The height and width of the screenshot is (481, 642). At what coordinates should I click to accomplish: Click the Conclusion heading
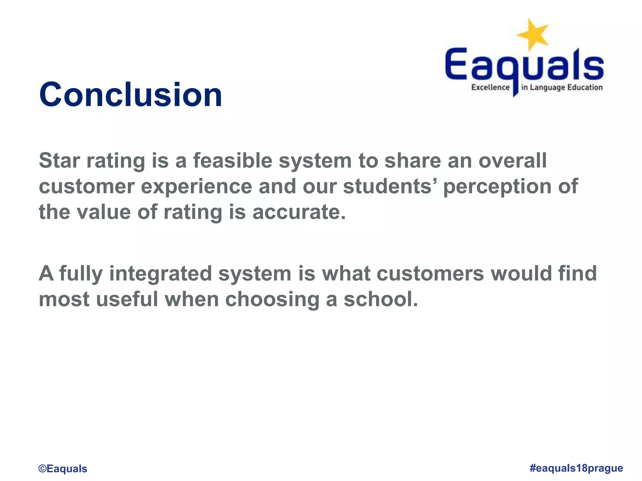pos(130,95)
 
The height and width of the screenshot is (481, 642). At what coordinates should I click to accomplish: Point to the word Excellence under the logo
pos(490,87)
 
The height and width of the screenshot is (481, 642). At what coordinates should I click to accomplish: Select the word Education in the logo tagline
pos(585,87)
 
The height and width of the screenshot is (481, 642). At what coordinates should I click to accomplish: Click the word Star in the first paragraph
pos(59,161)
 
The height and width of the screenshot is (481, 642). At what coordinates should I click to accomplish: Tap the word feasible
pos(233,161)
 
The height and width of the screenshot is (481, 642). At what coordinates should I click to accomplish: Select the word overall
pos(513,161)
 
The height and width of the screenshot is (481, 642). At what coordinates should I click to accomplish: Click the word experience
pos(197,187)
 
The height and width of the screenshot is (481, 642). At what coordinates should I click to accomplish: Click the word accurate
pos(299,212)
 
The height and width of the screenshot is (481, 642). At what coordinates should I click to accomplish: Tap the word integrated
pos(160,274)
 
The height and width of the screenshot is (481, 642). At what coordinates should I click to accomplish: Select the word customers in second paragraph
pos(430,274)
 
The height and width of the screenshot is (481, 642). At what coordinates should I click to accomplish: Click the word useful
pos(127,299)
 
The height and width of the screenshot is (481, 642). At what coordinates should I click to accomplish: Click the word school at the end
pos(381,299)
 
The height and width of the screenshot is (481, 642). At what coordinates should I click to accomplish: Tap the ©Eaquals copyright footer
pos(63,468)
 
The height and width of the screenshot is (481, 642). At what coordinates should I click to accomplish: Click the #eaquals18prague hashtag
pos(576,468)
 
